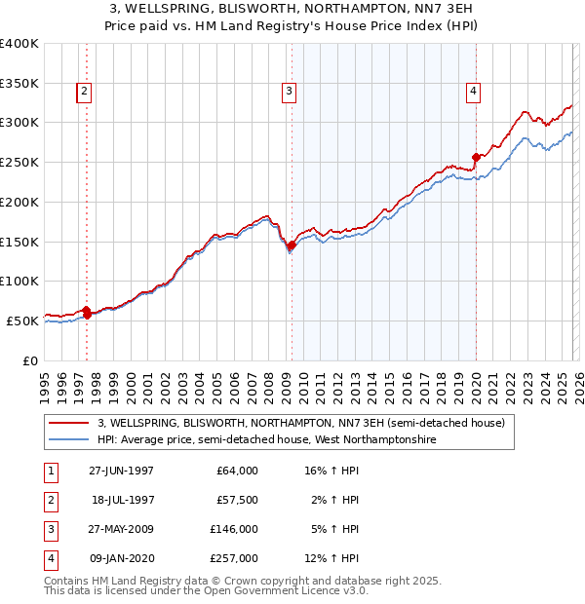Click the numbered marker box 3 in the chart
pyautogui.click(x=290, y=93)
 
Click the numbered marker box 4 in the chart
pyautogui.click(x=473, y=93)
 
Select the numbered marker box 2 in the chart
pyautogui.click(x=84, y=93)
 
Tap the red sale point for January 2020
pyautogui.click(x=476, y=157)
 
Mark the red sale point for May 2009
pyautogui.click(x=292, y=245)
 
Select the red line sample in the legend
pyautogui.click(x=68, y=424)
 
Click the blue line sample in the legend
pyautogui.click(x=68, y=440)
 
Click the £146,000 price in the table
pyautogui.click(x=235, y=530)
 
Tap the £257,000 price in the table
pyautogui.click(x=235, y=559)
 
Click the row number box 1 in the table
pyautogui.click(x=49, y=471)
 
